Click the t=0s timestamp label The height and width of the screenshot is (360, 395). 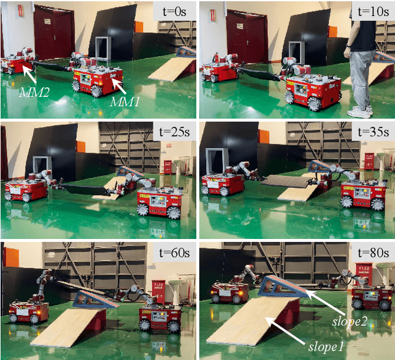pyautogui.click(x=172, y=10)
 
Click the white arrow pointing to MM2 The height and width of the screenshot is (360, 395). pyautogui.click(x=31, y=75)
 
